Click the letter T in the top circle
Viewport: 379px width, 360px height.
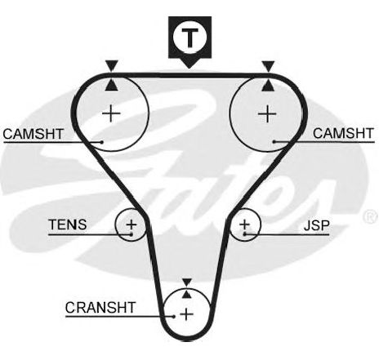click(x=189, y=38)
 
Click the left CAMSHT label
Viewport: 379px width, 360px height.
click(x=33, y=134)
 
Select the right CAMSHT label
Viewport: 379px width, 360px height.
click(x=343, y=133)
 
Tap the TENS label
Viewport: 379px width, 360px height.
click(x=68, y=224)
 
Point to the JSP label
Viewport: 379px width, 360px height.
click(x=317, y=225)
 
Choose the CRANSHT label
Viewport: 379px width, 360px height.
click(x=100, y=308)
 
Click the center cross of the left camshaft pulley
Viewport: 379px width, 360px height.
click(x=111, y=113)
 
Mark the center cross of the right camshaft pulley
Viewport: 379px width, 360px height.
click(x=267, y=113)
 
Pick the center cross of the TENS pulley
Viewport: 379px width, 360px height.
click(x=132, y=224)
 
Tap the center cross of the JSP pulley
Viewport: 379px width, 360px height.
click(x=244, y=224)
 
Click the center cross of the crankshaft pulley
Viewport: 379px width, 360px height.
click(x=187, y=314)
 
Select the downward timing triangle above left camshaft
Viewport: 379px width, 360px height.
click(x=112, y=65)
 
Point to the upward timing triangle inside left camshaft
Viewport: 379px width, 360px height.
click(x=112, y=85)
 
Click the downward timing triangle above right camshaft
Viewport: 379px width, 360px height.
click(x=268, y=66)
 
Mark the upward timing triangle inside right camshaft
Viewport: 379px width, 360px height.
click(x=268, y=85)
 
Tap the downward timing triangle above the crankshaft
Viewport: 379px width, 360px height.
click(x=187, y=282)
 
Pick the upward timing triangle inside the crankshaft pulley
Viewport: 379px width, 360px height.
click(x=186, y=295)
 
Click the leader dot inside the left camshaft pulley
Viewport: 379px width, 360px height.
click(x=102, y=142)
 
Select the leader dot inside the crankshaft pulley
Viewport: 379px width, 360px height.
click(x=173, y=316)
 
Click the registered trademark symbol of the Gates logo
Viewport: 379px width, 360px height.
click(x=371, y=216)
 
